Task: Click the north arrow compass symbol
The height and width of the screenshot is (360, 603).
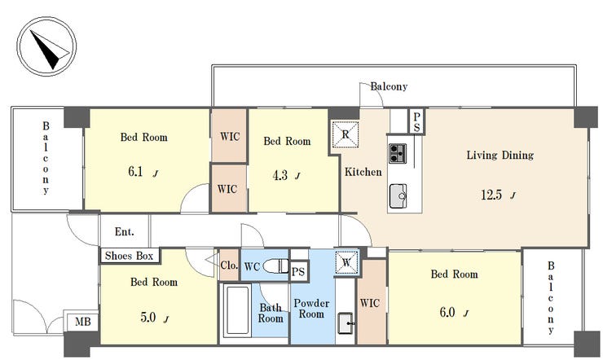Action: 46,46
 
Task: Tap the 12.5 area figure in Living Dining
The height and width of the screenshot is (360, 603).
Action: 491,195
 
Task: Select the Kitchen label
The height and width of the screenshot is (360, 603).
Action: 363,172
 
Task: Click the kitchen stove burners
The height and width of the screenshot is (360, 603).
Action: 398,153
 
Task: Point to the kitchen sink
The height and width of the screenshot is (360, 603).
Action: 398,196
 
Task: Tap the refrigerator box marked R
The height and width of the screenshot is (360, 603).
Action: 346,134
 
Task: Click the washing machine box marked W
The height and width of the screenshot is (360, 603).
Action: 346,263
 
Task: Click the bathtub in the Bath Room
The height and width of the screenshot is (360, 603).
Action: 237,311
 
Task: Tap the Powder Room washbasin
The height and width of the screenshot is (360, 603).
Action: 346,323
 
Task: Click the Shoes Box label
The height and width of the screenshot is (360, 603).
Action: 130,256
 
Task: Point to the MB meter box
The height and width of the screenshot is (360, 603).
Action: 82,321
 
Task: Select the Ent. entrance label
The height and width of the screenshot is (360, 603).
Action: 124,231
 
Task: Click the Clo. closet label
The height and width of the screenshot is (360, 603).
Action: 229,265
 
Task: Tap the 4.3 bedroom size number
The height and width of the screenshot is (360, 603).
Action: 280,175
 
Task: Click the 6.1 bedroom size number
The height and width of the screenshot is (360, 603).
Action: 135,171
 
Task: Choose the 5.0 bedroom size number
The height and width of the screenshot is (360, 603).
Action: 148,317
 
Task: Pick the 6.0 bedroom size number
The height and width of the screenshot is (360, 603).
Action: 447,312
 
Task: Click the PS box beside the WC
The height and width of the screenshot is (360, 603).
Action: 298,272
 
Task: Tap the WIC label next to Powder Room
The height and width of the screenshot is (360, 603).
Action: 370,303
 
